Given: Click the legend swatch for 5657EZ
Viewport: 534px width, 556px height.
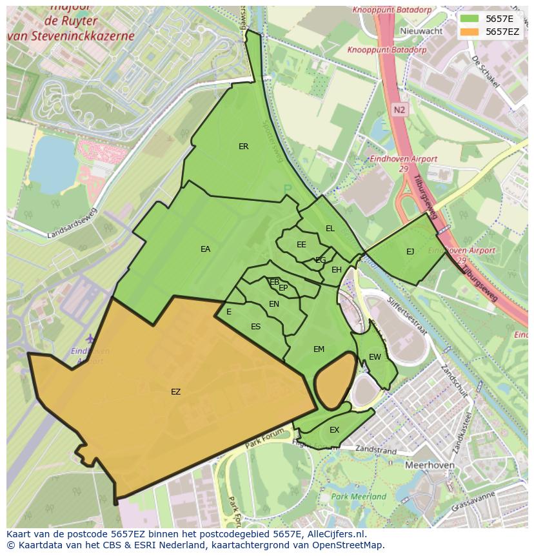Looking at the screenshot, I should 470,32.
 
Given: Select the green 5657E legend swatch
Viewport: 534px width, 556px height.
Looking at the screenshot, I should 470,19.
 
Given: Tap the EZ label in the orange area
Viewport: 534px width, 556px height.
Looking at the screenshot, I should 175,392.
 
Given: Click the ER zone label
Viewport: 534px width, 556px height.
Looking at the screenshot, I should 243,147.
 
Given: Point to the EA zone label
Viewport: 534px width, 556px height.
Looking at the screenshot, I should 205,249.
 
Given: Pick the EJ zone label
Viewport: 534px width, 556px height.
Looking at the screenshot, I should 410,252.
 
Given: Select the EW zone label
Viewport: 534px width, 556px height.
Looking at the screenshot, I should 375,357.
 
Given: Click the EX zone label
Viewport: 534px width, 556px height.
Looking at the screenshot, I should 334,430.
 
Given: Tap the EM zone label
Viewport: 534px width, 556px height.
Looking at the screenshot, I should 319,349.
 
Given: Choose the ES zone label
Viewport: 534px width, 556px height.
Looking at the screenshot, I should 255,327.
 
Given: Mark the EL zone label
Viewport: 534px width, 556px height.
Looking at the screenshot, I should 330,229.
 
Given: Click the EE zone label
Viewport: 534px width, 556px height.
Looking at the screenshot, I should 301,245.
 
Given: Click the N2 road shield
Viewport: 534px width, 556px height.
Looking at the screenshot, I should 399,110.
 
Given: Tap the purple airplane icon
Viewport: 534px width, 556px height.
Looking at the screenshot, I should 90,339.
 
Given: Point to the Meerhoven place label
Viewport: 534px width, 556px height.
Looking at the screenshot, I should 430,465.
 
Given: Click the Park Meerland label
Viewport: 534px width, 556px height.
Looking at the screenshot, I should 359,497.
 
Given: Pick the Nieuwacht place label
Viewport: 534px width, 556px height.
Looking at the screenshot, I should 421,31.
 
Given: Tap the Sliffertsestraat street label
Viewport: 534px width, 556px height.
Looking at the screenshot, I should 407,316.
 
